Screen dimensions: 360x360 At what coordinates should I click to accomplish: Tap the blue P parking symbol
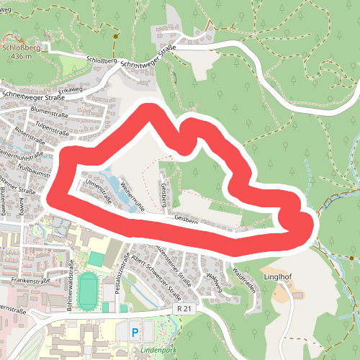pyautogui.click(x=135, y=332)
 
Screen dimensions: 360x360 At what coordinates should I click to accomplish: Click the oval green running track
pyautogui.click(x=88, y=291)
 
